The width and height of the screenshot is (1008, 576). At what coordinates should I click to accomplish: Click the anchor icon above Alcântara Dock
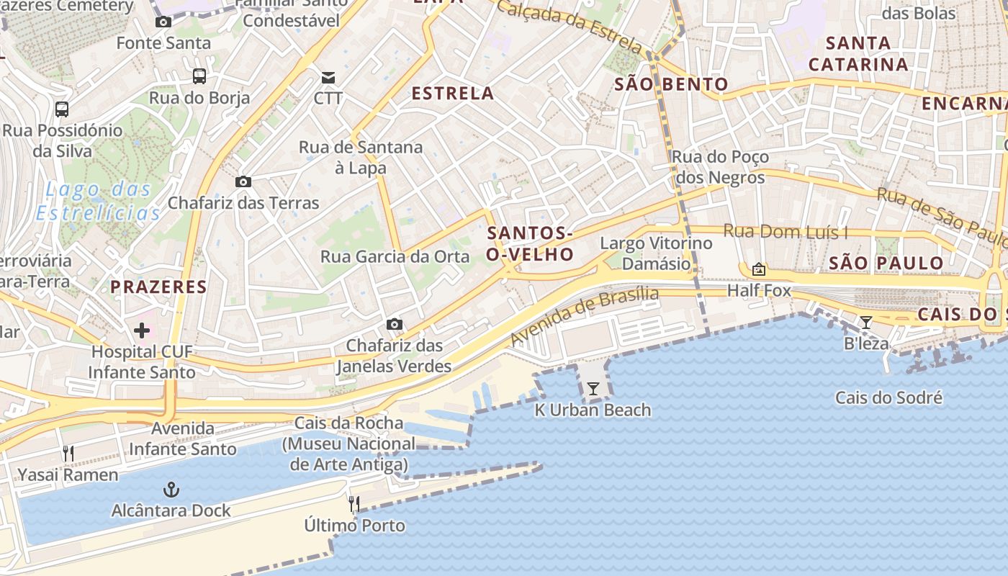coord(171,490)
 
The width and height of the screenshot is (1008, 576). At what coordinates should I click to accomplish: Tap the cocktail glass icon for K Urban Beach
coord(593,390)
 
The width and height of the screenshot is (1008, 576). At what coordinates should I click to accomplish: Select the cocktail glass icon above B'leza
coord(866,323)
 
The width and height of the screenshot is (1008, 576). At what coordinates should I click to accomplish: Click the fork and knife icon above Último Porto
coord(354,503)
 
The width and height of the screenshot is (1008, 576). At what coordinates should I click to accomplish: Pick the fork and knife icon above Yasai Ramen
coord(68,454)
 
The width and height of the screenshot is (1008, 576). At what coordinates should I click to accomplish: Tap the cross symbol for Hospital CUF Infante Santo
coord(142,330)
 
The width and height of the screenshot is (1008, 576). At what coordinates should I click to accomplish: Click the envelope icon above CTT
coord(328,77)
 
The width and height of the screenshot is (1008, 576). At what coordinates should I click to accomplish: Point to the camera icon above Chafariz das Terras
coord(243,181)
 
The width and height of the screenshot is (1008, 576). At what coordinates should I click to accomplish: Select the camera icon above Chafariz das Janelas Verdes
coord(394,325)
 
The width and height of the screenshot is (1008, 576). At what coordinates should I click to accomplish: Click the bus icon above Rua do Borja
coord(199,76)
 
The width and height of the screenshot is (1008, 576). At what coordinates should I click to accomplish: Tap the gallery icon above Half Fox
coord(758,270)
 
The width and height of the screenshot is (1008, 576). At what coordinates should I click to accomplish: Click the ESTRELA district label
coord(452,93)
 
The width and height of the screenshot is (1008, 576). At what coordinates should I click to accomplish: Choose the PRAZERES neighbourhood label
coord(158,287)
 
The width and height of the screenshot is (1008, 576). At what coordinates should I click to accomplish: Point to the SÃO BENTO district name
coord(671,84)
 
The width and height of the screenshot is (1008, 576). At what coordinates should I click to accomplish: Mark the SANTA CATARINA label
coord(858,54)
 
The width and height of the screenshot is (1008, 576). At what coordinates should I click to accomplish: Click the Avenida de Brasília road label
coord(585,316)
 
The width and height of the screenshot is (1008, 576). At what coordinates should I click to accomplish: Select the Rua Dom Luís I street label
coord(785,232)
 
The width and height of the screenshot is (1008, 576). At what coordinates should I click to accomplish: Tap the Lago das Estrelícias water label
coord(98,202)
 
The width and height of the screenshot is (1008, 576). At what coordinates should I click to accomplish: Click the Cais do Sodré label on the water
coord(888,397)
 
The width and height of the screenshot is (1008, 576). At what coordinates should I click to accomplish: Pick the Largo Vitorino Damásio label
coord(656,253)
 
